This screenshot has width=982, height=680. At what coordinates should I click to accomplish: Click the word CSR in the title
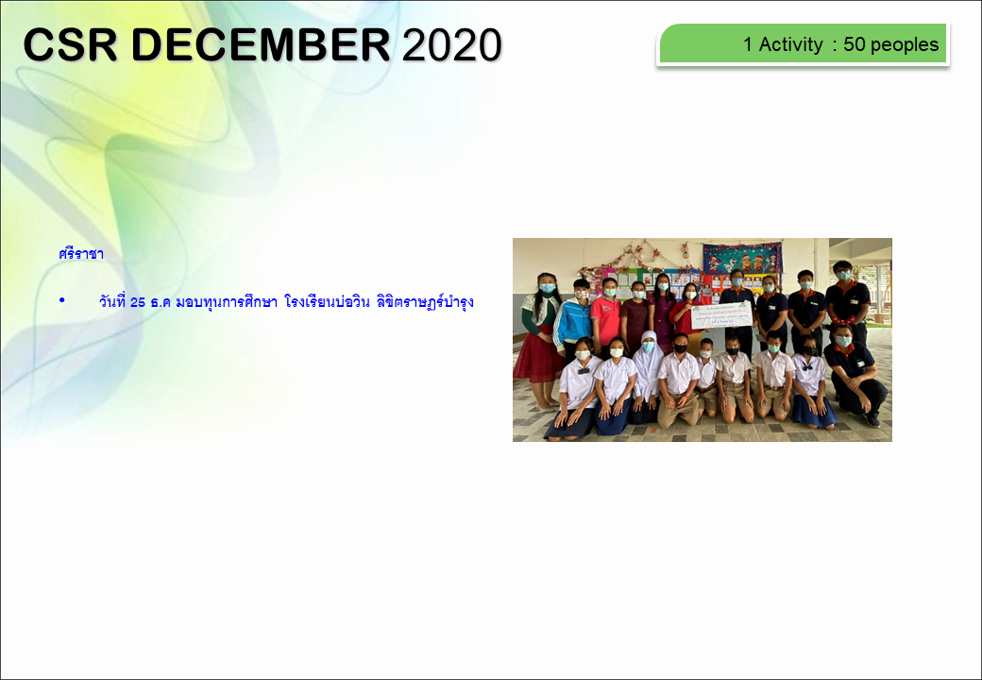click(x=70, y=44)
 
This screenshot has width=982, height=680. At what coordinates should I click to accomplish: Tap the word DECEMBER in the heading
click(x=261, y=44)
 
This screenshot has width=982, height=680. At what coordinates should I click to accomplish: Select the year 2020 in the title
click(x=451, y=44)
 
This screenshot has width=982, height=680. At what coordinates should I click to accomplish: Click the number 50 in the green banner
click(x=854, y=44)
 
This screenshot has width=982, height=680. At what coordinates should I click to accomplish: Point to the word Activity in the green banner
click(x=791, y=44)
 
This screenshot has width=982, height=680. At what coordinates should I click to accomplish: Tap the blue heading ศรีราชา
click(x=81, y=254)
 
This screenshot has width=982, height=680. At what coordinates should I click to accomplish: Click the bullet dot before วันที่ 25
click(x=62, y=300)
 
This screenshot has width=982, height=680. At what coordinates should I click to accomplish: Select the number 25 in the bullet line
click(x=138, y=302)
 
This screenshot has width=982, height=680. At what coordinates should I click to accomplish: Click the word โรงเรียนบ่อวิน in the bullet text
click(x=327, y=302)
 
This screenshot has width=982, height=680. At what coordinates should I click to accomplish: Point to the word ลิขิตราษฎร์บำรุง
click(x=425, y=302)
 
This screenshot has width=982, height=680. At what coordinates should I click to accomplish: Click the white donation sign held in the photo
click(x=721, y=314)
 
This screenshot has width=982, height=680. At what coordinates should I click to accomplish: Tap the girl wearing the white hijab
click(x=646, y=374)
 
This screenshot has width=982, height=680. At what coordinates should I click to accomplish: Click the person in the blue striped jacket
click(x=574, y=320)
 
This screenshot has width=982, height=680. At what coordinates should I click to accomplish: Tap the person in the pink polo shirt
click(x=606, y=316)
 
